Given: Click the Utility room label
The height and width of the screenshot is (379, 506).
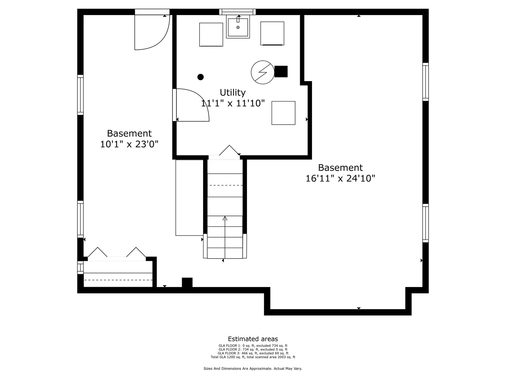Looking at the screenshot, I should (232, 93).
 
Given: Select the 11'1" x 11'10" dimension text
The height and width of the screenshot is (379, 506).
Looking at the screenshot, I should (232, 104).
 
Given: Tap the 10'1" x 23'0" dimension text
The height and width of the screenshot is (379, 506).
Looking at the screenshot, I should (129, 144).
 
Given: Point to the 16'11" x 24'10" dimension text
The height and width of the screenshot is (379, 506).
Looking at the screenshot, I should (340, 179).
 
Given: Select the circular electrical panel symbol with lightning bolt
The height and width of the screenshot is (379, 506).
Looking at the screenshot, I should (262, 73).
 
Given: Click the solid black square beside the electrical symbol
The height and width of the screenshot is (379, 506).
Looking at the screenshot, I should (281, 72).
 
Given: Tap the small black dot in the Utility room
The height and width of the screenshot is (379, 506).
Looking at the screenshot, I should (201, 77).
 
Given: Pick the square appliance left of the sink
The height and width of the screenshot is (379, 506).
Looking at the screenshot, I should (211, 34).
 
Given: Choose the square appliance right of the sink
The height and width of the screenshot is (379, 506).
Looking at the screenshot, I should (272, 33).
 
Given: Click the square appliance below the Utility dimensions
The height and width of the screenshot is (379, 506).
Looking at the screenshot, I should (283, 113).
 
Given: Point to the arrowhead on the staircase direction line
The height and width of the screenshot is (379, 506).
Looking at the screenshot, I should (225, 218).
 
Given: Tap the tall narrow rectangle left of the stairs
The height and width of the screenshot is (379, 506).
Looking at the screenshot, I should (189, 198).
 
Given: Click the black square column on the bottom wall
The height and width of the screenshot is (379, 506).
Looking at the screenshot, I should (187, 282).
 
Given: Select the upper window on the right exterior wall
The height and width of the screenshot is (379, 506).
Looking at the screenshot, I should (426, 82).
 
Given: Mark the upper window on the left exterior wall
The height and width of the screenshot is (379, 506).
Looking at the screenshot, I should (80, 95).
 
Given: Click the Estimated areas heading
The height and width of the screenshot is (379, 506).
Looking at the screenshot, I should (253, 339).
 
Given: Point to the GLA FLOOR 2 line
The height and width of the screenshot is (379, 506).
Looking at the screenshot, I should (253, 350).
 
